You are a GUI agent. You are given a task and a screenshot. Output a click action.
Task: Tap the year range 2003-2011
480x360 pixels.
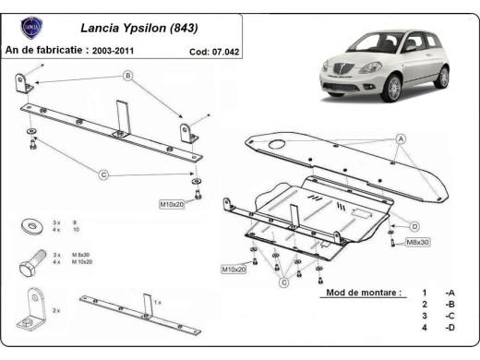tap(120, 51)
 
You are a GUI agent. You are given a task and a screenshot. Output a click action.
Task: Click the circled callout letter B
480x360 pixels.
tap(127, 75)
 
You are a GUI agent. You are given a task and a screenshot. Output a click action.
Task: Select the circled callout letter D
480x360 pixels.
tap(414, 226)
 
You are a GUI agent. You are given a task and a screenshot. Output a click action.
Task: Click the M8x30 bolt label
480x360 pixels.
tap(417, 242)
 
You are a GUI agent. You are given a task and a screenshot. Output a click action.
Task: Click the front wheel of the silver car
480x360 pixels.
tap(393, 90)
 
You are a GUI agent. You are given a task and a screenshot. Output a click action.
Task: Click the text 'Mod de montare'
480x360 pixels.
tap(363, 293)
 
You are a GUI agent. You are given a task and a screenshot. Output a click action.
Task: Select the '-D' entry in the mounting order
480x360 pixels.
tap(449, 328)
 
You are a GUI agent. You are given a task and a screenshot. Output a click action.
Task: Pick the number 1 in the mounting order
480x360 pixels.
tap(425, 293)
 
